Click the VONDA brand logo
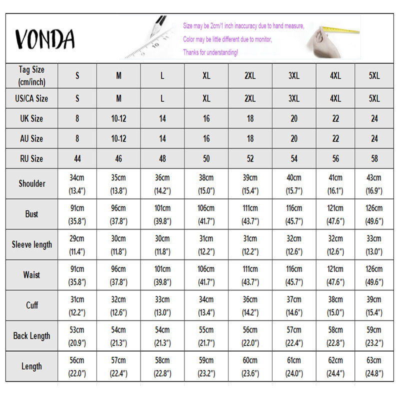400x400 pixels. (45, 39)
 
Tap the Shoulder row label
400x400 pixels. (32, 183)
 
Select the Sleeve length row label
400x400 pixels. (32, 244)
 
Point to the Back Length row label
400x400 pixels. (32, 335)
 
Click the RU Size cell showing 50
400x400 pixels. (206, 158)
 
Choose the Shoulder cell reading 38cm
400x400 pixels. (206, 183)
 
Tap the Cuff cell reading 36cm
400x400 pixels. (250, 305)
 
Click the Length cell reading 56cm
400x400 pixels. (77, 366)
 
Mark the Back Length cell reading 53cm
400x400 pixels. (77, 335)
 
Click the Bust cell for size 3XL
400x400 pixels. (294, 214)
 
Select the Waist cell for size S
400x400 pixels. (77, 275)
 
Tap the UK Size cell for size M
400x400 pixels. (118, 118)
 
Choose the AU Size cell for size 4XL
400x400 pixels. (335, 138)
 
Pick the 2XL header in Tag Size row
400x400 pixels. (250, 76)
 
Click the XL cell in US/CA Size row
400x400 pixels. (206, 98)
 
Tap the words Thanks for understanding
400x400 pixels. (210, 52)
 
